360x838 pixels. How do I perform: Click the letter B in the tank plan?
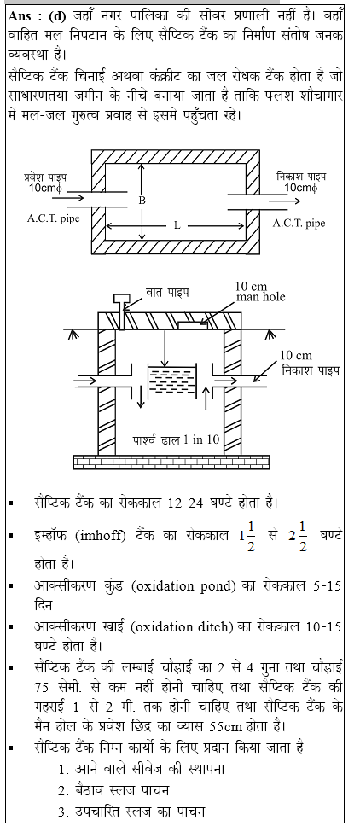click(142, 201)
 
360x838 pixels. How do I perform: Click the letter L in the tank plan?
click(177, 225)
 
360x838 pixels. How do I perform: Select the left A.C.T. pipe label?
click(53, 218)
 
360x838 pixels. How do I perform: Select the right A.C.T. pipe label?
click(299, 223)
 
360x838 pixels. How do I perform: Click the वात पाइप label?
click(167, 293)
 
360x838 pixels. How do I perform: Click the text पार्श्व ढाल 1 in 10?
click(176, 439)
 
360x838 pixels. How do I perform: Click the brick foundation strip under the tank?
click(171, 461)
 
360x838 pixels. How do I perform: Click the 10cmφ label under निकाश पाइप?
click(301, 188)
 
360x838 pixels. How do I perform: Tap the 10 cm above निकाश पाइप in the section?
click(296, 355)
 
